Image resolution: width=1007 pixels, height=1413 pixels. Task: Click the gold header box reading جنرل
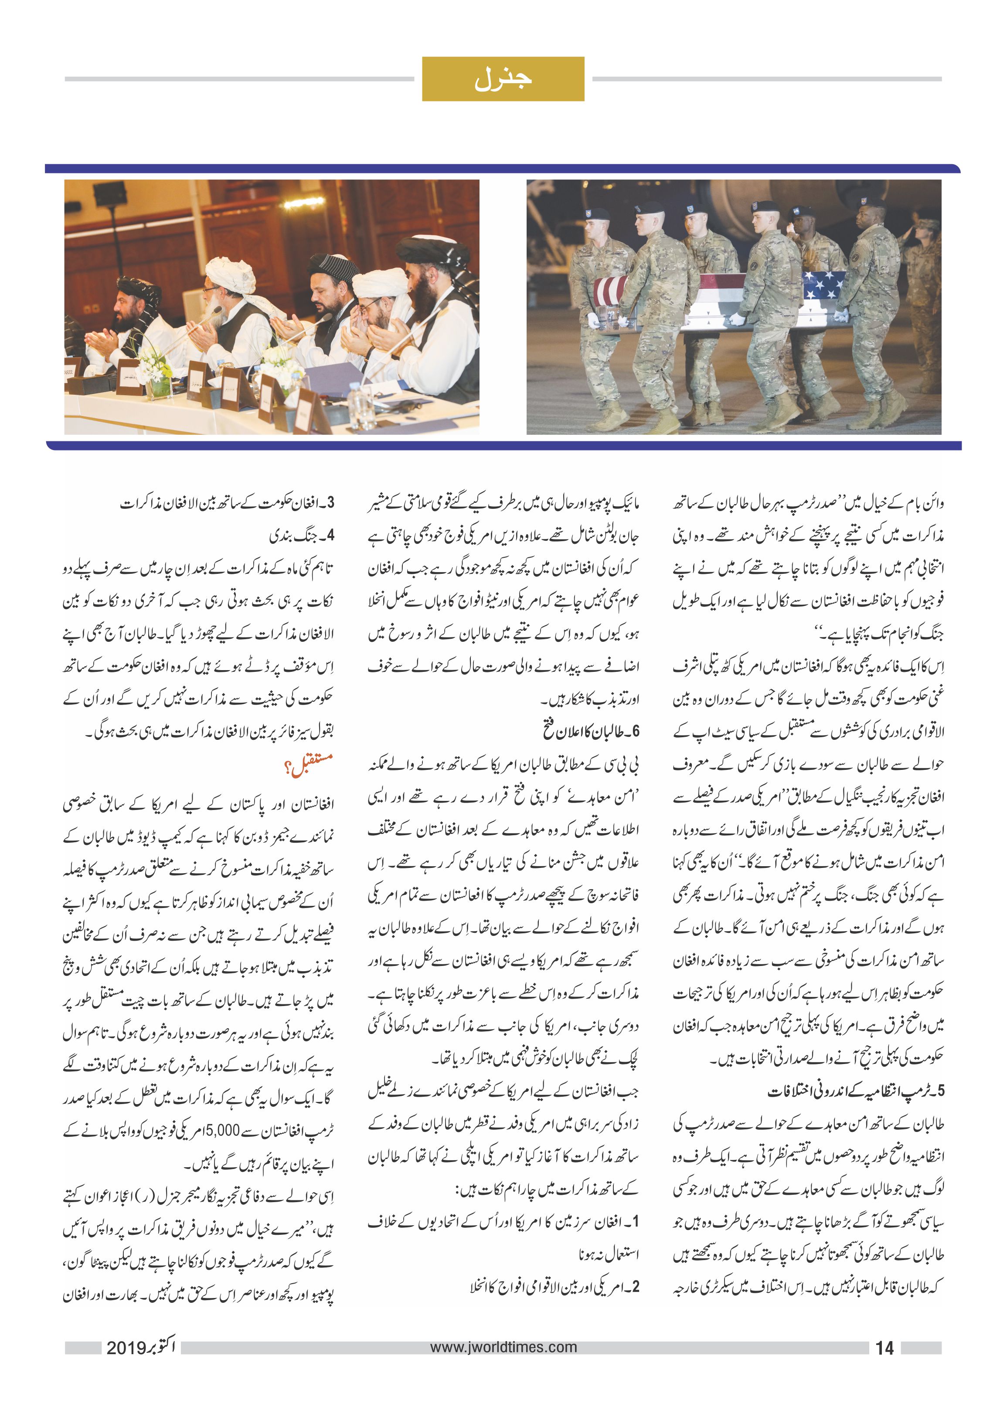coord(503,79)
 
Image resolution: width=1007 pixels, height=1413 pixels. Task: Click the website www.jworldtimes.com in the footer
coord(503,1347)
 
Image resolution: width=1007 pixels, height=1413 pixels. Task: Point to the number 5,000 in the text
coord(222,1130)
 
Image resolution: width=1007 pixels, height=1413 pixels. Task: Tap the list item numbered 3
coord(227,503)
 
